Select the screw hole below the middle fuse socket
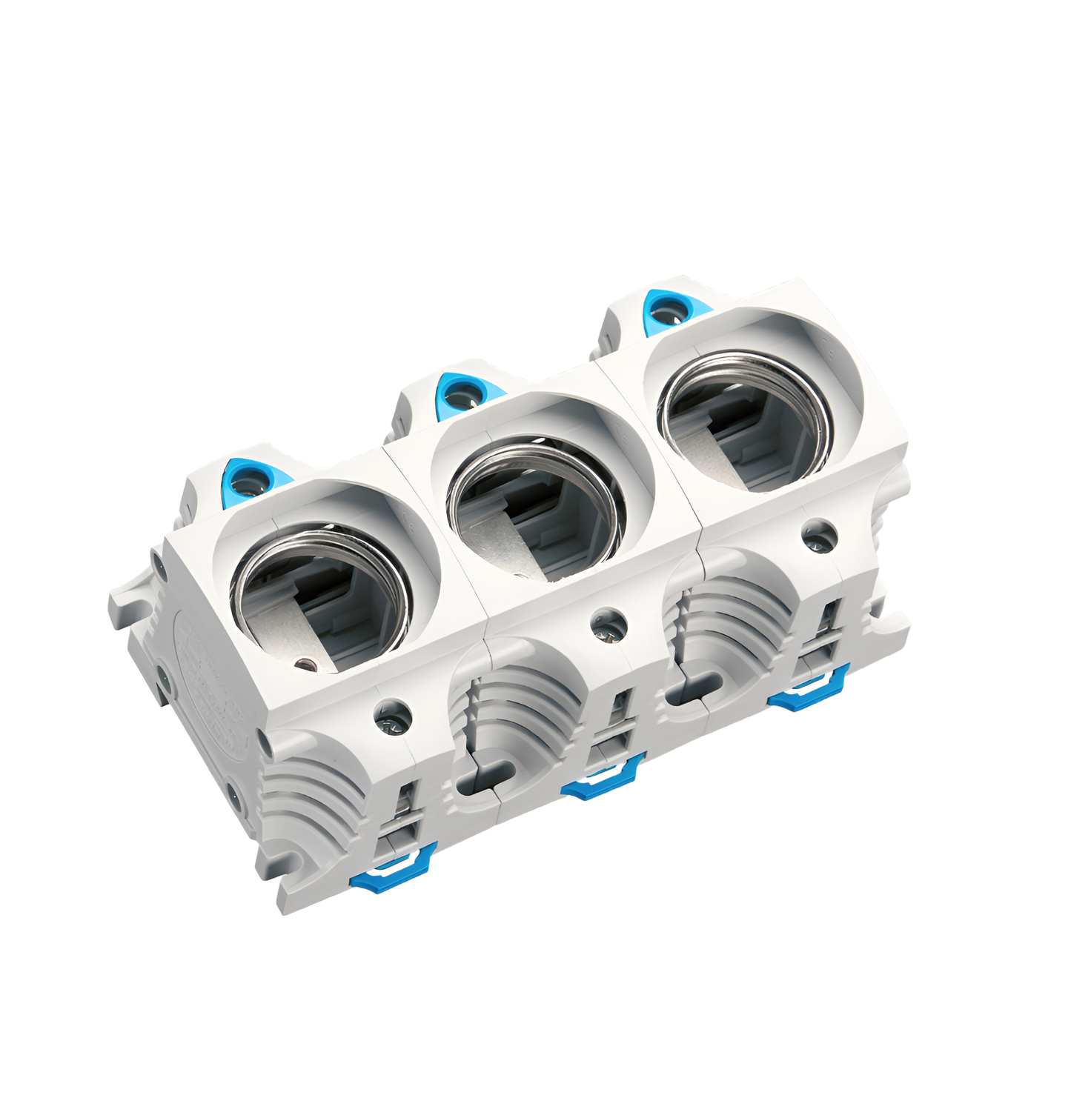(x=609, y=626)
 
